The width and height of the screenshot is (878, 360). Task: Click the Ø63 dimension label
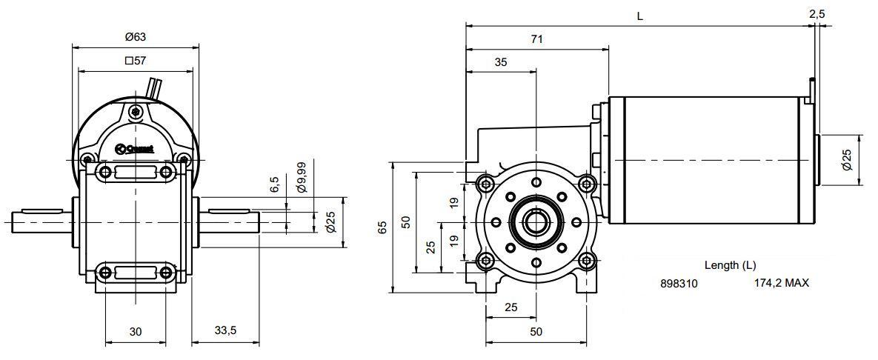click(135, 36)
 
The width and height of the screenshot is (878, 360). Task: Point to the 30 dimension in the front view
click(135, 331)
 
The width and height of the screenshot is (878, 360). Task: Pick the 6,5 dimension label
click(276, 184)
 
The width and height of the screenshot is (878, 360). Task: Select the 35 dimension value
click(501, 63)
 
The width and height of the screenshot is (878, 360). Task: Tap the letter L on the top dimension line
click(639, 16)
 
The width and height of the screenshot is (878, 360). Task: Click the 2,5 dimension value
click(817, 13)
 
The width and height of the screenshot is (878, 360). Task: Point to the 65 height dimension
click(382, 227)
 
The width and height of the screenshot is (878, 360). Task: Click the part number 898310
click(679, 283)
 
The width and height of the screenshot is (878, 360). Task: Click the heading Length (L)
click(730, 265)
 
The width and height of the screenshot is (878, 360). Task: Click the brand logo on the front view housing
click(135, 149)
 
